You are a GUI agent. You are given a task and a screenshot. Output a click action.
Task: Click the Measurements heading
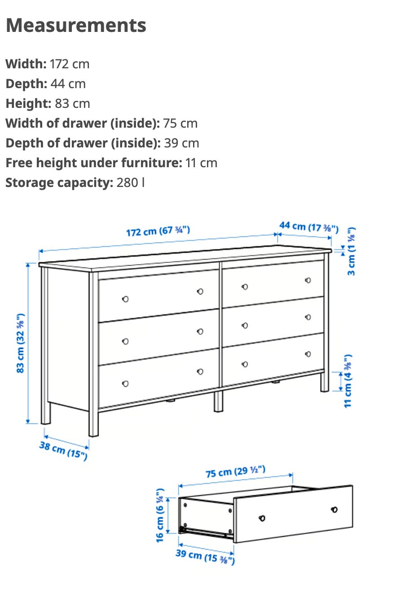[x=76, y=25]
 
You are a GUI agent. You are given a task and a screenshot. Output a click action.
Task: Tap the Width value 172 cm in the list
[x=70, y=64]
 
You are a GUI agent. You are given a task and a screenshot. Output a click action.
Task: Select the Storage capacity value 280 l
[x=131, y=182]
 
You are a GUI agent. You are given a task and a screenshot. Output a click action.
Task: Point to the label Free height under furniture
[x=94, y=163]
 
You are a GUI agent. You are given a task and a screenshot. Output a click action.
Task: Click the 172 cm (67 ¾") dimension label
[x=158, y=231]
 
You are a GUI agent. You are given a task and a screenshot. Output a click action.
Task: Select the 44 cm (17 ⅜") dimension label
[x=309, y=227]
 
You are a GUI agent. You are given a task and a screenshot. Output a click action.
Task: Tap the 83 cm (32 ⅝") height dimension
[x=21, y=343]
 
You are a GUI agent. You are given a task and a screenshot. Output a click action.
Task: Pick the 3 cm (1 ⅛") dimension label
[x=351, y=251]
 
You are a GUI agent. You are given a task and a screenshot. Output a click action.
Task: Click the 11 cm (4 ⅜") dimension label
[x=348, y=381]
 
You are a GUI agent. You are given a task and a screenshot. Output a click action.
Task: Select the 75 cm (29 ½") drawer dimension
[x=236, y=472]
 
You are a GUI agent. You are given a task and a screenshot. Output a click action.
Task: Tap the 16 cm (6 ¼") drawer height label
[x=160, y=516]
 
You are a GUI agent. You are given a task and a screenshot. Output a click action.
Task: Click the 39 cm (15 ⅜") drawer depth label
[x=205, y=556]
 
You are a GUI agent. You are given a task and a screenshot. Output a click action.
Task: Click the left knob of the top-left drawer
[x=125, y=299]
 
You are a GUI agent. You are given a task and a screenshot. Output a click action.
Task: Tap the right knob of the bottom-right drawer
[x=308, y=354]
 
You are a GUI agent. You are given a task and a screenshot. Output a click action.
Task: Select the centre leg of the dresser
[x=218, y=401]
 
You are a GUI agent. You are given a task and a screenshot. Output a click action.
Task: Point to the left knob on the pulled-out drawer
[x=262, y=518]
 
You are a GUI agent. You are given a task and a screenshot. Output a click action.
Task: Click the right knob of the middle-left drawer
[x=200, y=331]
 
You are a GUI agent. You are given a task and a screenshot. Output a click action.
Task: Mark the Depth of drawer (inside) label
[x=83, y=143]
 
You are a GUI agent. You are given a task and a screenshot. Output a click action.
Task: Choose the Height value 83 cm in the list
[x=73, y=103]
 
